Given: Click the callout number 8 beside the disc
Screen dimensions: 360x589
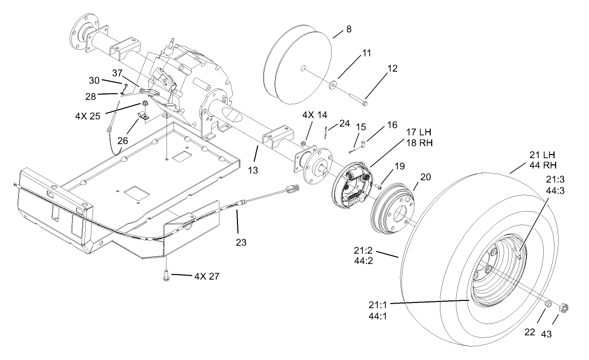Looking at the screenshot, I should pyautogui.click(x=349, y=30).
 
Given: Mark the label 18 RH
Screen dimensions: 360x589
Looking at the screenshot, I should pyautogui.click(x=419, y=143).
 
